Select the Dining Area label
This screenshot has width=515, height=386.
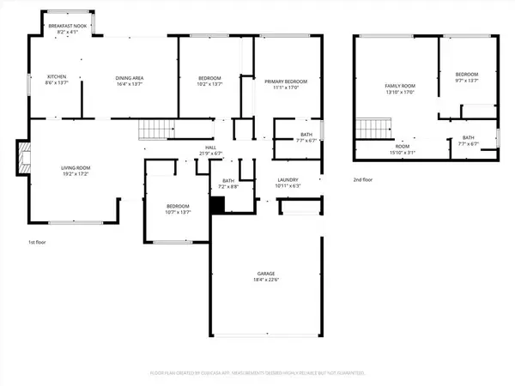(130, 78)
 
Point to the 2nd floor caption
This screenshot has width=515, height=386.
(363, 180)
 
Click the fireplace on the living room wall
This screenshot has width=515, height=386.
(22, 158)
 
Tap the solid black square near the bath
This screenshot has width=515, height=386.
(217, 206)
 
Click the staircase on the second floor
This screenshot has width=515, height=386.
(368, 130)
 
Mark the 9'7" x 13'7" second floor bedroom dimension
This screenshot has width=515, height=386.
(467, 81)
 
